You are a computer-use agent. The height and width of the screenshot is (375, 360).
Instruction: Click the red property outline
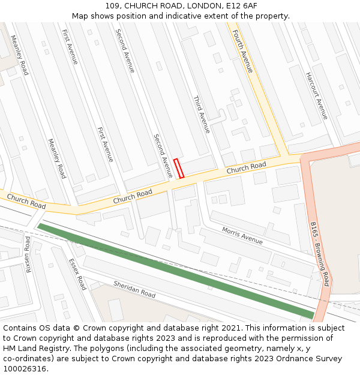click(178, 169)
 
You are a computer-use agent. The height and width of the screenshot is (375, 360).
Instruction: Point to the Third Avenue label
click(201, 114)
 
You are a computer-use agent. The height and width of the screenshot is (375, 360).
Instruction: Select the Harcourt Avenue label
click(316, 95)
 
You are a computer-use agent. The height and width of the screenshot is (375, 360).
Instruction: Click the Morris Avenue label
click(242, 235)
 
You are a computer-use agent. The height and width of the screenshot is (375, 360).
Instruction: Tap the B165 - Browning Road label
click(320, 254)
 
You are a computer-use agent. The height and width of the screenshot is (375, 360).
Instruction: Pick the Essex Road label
click(77, 274)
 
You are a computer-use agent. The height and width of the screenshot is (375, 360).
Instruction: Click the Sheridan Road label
click(134, 290)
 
